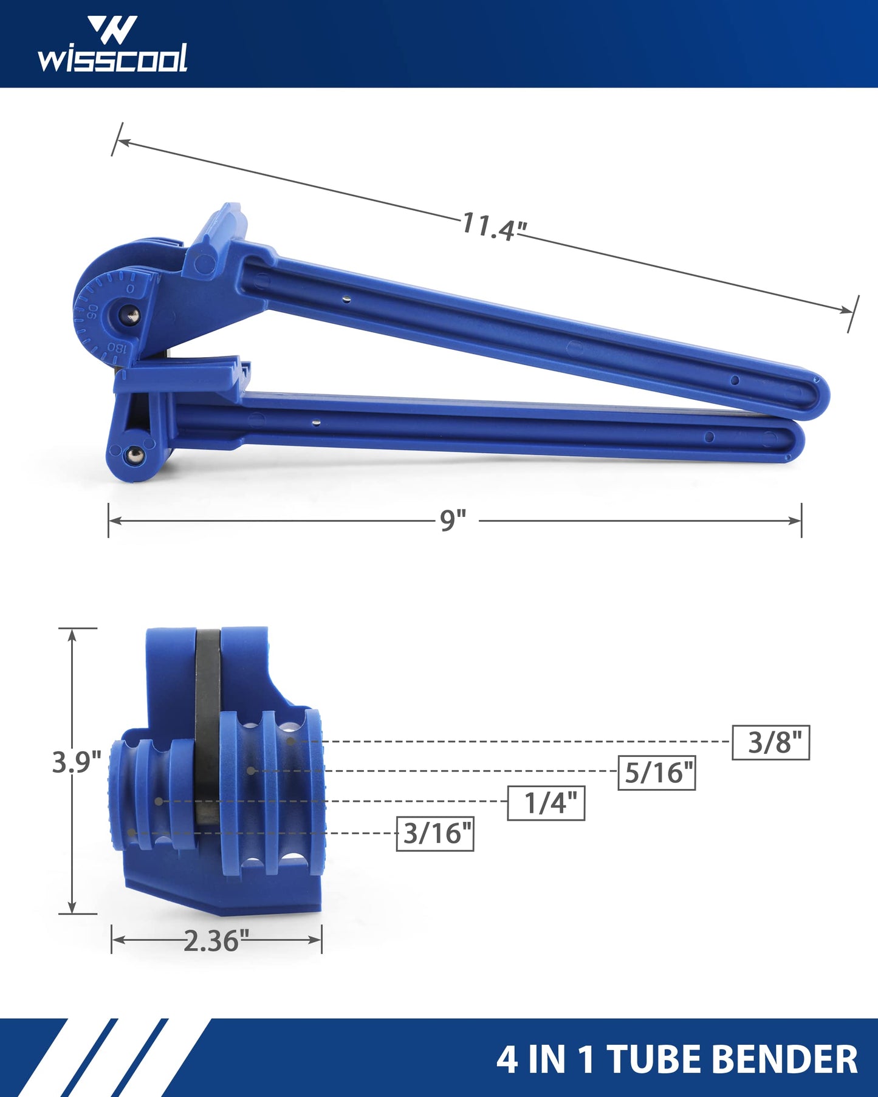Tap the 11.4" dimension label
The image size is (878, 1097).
coord(493,226)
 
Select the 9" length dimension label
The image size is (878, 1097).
coord(453,521)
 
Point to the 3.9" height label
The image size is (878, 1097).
coord(76,762)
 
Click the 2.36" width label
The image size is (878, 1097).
coord(216,941)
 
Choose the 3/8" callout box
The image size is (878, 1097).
coord(770,742)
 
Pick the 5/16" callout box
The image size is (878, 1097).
coord(656,773)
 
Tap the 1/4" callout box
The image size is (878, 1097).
coord(546,803)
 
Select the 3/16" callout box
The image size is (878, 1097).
coord(435,833)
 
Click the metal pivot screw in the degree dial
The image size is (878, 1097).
coord(130,315)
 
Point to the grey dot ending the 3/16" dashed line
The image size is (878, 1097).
coord(131,832)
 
